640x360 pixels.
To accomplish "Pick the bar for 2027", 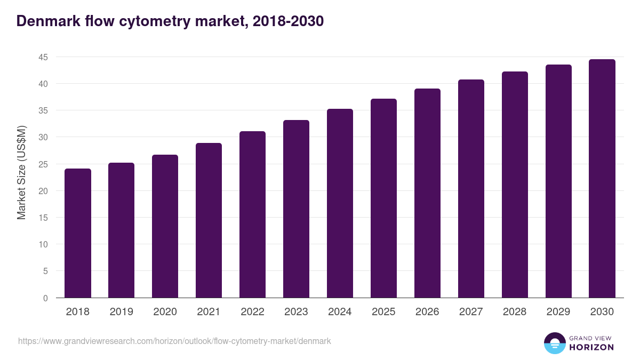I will pyautogui.click(x=471, y=189).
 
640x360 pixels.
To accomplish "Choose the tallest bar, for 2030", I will pyautogui.click(x=602, y=179).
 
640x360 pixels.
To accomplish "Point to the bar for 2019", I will pyautogui.click(x=121, y=230).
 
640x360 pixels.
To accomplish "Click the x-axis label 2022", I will pyautogui.click(x=252, y=312).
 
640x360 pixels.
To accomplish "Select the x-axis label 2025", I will pyautogui.click(x=383, y=312).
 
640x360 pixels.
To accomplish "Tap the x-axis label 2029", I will pyautogui.click(x=558, y=312).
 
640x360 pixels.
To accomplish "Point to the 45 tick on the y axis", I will pyautogui.click(x=43, y=57).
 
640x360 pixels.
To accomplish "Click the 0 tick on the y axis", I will pyautogui.click(x=45, y=298).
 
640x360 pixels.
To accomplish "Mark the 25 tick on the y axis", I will pyautogui.click(x=43, y=164).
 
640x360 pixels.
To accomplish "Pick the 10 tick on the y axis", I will pyautogui.click(x=43, y=244).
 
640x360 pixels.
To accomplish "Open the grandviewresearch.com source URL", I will pyautogui.click(x=174, y=341).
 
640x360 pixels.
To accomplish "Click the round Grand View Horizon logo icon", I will pyautogui.click(x=554, y=343).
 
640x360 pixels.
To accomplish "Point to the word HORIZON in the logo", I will pyautogui.click(x=591, y=347).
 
